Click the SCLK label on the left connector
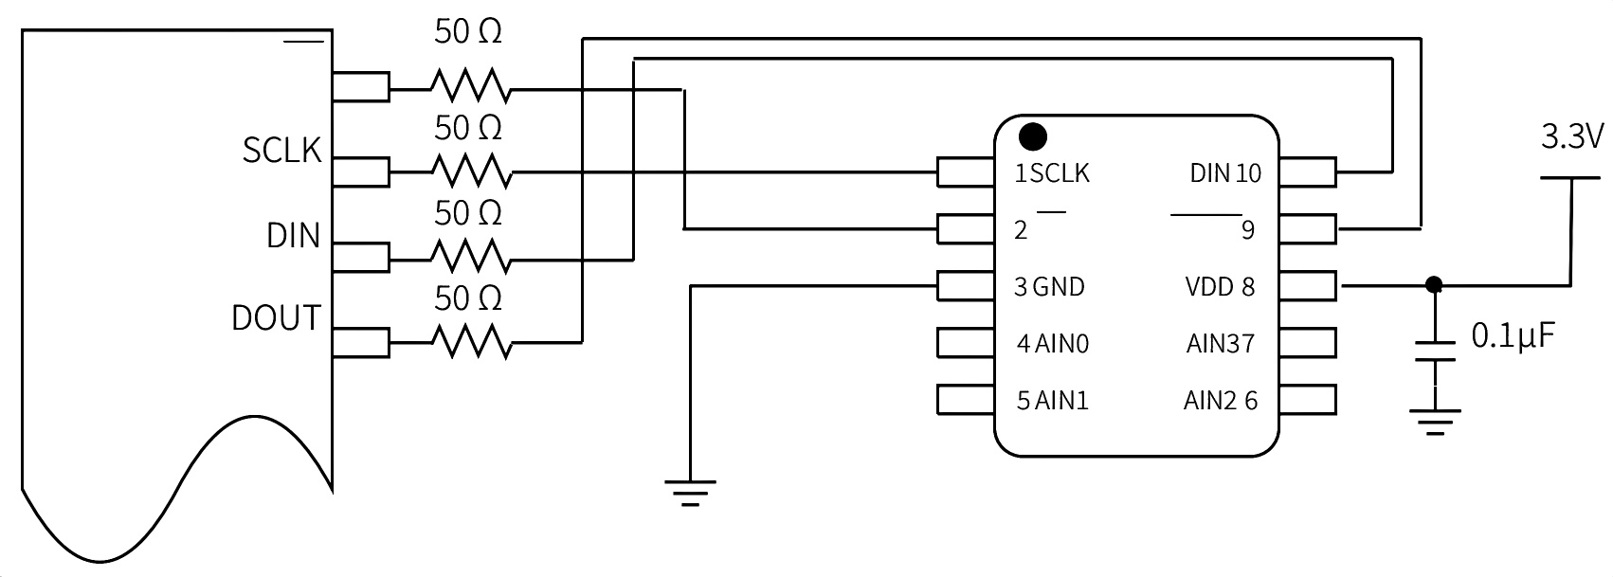pos(281,151)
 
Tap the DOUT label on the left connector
pos(276,318)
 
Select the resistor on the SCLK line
pos(472,172)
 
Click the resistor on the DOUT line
pos(472,342)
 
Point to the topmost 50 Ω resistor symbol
pos(472,86)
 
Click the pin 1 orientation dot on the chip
pos(1033,136)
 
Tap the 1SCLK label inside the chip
pos(1052,173)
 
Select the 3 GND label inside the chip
pos(1049,287)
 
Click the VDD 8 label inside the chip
pos(1220,287)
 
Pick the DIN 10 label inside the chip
pos(1225,173)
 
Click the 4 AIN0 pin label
pos(1053,344)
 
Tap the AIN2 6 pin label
pos(1221,401)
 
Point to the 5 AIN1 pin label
pos(1053,401)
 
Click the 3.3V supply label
pos(1572,136)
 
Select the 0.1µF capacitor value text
pos(1513,336)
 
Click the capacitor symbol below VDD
pos(1435,352)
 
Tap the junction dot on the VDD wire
pos(1434,285)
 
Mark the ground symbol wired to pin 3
pos(690,493)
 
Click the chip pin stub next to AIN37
pos(1308,343)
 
